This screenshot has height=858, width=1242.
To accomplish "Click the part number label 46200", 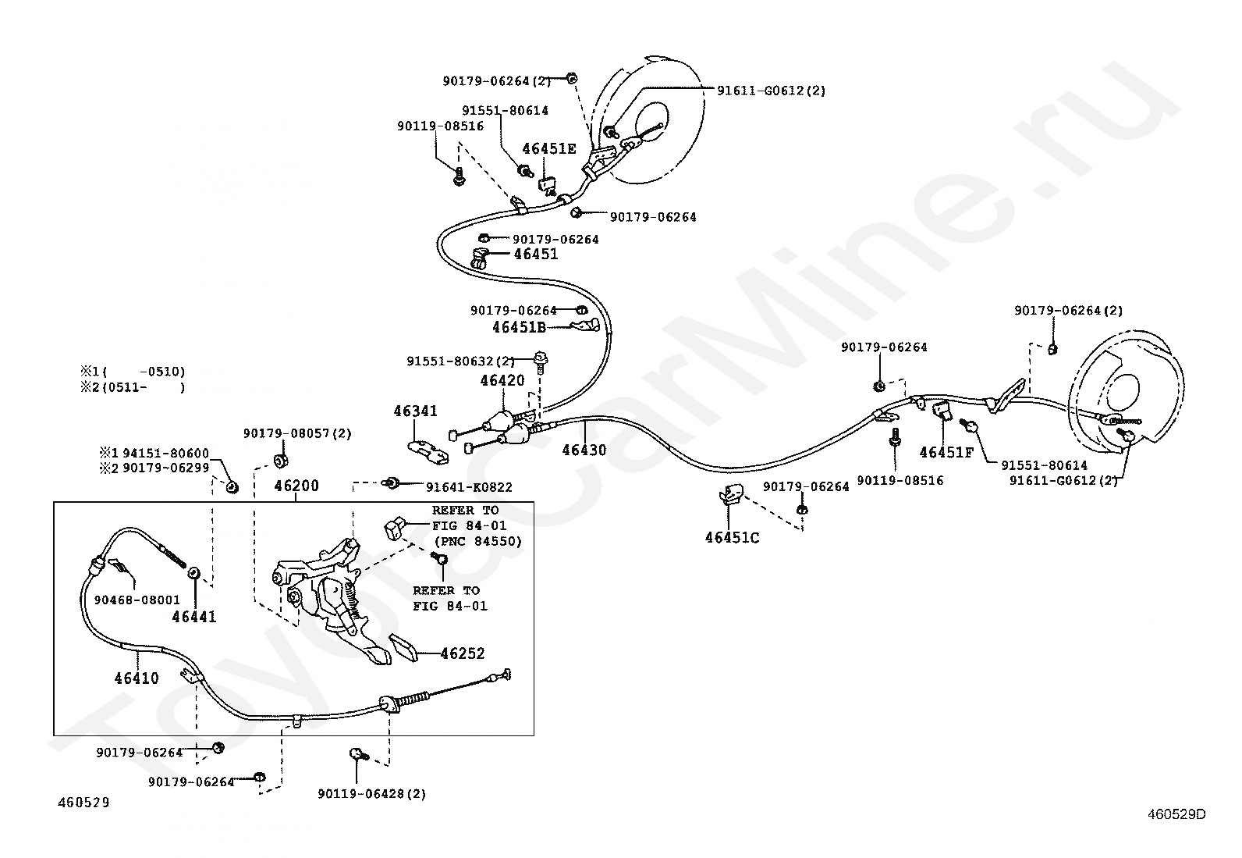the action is [296, 486].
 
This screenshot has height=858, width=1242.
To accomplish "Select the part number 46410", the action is [137, 678].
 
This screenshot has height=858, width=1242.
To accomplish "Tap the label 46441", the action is [194, 617].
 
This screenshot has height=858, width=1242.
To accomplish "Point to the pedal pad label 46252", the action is [463, 653].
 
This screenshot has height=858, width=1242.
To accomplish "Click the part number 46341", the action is [415, 411].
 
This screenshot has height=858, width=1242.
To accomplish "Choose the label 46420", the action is [502, 380].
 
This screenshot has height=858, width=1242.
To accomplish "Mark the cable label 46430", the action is [584, 450].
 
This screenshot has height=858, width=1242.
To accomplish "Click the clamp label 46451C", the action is [733, 538].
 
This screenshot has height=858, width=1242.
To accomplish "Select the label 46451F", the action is [946, 452].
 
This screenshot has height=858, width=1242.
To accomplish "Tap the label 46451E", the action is [549, 149].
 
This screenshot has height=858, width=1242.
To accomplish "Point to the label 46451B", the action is [520, 327].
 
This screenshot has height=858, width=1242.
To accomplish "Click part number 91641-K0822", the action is [469, 487].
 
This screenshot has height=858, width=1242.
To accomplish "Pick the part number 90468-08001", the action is [137, 600].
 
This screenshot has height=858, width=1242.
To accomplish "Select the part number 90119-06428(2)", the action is [372, 794].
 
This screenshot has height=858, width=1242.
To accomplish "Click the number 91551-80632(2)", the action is [461, 361].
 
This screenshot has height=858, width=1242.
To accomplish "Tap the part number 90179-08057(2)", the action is [298, 433].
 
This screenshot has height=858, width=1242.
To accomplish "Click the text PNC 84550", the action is [477, 541].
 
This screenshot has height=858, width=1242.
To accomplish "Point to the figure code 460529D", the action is [1176, 814].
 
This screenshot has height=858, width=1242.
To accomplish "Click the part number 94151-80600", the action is [166, 454].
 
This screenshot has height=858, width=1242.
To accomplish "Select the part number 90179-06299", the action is [166, 468].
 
